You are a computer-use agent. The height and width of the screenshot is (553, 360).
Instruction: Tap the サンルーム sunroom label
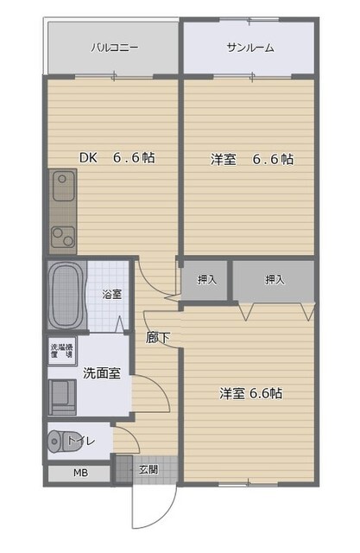click(250, 48)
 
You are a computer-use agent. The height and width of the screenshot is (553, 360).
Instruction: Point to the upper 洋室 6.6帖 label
click(252, 159)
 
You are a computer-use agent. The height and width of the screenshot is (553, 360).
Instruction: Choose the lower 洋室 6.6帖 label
click(250, 393)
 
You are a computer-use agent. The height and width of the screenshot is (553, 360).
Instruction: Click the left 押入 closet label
click(206, 280)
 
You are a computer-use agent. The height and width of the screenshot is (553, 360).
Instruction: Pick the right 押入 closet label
click(275, 280)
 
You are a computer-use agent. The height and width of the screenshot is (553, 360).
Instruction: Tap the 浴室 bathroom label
click(111, 294)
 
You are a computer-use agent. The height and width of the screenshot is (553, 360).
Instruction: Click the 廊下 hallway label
click(156, 338)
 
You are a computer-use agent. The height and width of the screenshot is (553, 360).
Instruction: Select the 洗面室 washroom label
click(101, 373)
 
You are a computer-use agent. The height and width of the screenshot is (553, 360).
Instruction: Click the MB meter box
click(79, 474)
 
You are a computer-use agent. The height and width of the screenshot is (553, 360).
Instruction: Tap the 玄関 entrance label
click(148, 469)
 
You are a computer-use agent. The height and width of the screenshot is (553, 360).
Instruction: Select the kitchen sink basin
click(63, 185)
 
